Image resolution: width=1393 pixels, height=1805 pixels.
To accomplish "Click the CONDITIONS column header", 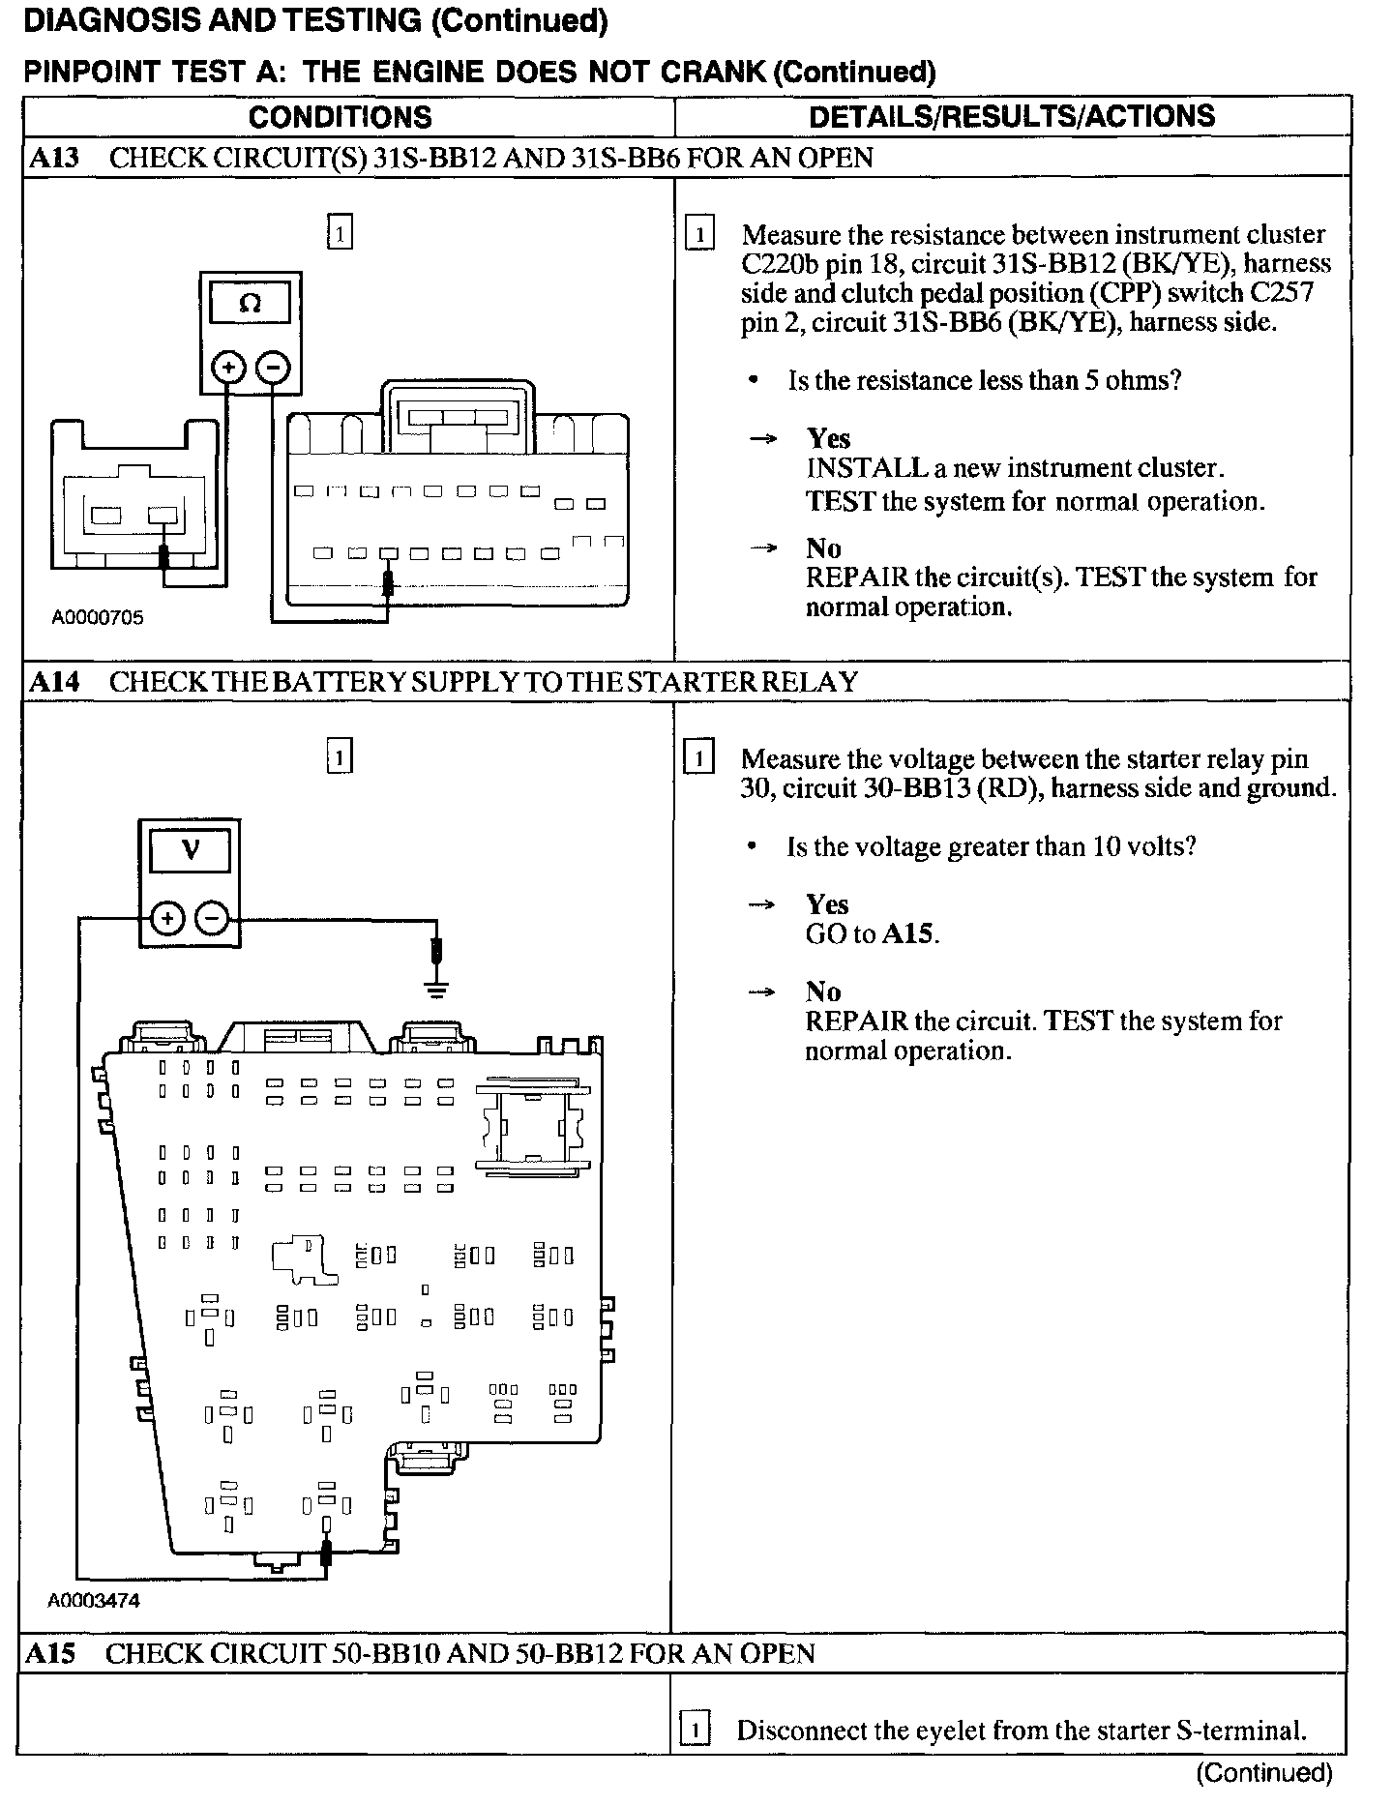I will point(340,117).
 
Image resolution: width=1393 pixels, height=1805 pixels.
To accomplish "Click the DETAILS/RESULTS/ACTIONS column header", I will point(1012,116).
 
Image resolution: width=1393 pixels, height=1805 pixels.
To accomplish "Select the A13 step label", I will point(54,158).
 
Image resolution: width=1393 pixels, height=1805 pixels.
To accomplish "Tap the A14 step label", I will point(54,682).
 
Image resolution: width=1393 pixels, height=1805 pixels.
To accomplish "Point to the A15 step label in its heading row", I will point(50,1653).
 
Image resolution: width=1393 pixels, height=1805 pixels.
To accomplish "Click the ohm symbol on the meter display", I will point(250,304).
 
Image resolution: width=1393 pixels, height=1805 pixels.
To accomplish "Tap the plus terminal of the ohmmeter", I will point(228,368).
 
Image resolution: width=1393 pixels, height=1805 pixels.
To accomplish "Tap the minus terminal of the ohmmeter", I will point(274,368).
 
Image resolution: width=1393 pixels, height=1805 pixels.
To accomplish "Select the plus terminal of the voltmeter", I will point(167,918).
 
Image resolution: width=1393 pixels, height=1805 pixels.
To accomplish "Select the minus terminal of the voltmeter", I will point(214,918).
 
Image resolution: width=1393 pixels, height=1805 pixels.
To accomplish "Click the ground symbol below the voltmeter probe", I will point(437,989).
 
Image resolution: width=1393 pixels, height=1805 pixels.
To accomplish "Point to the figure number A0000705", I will point(98,617).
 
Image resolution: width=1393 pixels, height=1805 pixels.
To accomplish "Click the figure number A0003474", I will point(94,1601).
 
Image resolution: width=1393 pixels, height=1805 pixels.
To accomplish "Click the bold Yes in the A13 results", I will point(828,438).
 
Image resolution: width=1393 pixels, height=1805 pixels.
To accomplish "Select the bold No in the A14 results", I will point(823,991).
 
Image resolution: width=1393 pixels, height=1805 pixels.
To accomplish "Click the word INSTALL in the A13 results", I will point(867,468).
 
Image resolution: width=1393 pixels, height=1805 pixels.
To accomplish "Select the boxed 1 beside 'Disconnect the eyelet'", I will point(695,1729).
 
